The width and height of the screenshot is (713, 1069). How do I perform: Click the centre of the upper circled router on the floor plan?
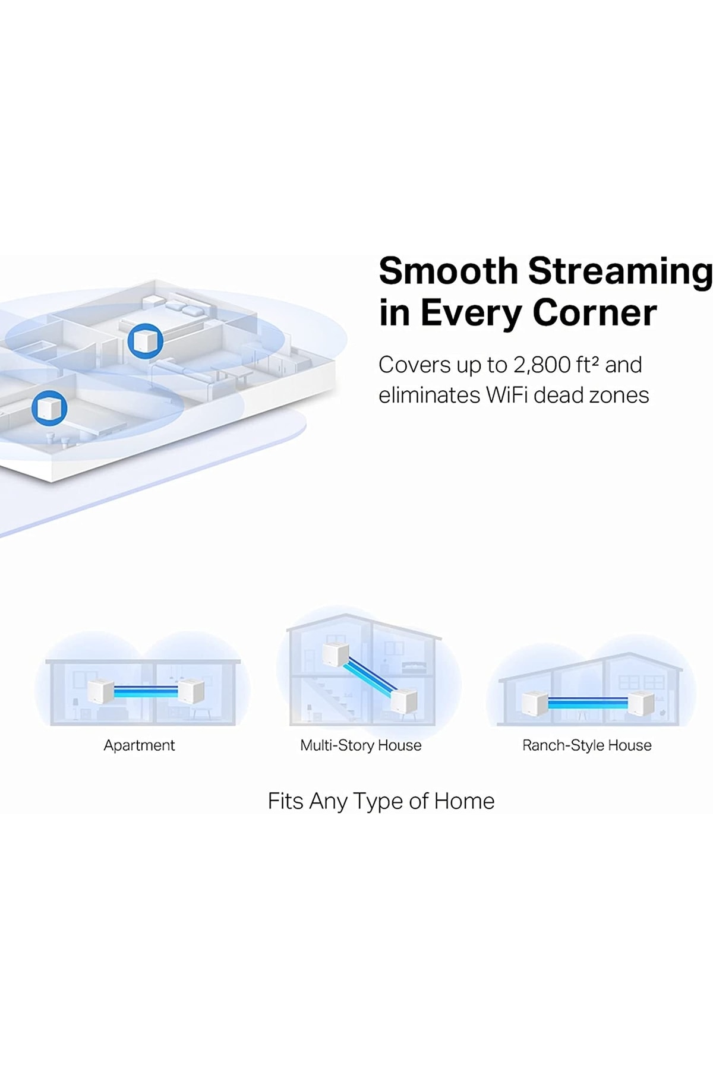pyautogui.click(x=145, y=341)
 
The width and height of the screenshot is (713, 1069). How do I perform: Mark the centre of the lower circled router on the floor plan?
pyautogui.click(x=49, y=408)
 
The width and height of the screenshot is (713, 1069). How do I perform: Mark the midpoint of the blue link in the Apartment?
pyautogui.click(x=146, y=691)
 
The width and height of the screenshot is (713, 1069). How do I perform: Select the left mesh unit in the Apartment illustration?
pyautogui.click(x=100, y=691)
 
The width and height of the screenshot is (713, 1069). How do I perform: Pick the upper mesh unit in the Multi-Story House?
pyautogui.click(x=336, y=654)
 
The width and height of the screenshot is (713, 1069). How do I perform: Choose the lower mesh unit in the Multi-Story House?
pyautogui.click(x=404, y=700)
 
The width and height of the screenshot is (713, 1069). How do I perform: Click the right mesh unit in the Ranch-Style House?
pyautogui.click(x=641, y=703)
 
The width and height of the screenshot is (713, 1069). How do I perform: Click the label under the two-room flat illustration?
pyautogui.click(x=139, y=745)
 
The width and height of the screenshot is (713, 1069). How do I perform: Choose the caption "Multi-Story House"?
pyautogui.click(x=361, y=746)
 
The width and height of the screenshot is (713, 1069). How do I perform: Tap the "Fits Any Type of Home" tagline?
pyautogui.click(x=381, y=802)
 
